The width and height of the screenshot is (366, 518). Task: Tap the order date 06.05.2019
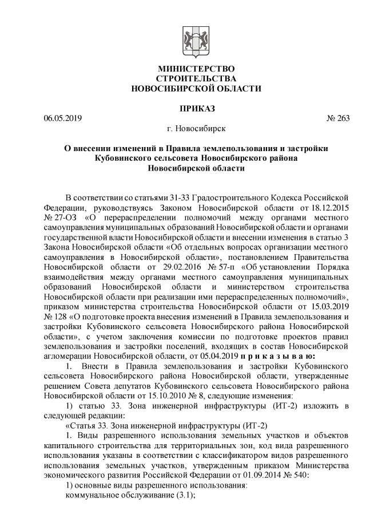pyautogui.click(x=63, y=118)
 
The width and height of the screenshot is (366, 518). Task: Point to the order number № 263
pyautogui.click(x=337, y=118)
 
